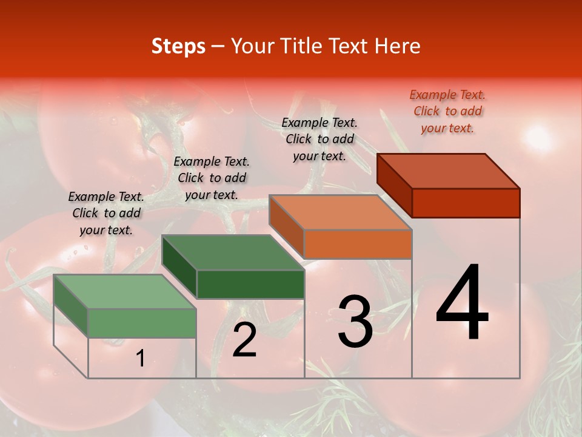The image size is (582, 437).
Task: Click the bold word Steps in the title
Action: coord(178,46)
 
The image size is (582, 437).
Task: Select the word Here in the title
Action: coord(397,46)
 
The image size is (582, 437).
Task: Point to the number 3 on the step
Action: coord(355,322)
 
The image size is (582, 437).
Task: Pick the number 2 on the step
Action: coord(244,340)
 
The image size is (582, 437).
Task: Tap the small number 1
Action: coord(140,359)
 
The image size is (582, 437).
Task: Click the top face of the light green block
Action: coord(124,291)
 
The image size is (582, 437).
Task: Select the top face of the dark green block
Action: coord(232,252)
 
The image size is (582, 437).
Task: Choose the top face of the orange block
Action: coord(339,212)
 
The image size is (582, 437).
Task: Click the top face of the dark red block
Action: coord(447,171)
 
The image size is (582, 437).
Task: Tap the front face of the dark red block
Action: coord(466,203)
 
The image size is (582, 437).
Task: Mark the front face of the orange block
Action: coord(358,244)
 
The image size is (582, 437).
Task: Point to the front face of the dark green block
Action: coord(250,284)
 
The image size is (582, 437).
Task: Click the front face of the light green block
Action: coord(142,323)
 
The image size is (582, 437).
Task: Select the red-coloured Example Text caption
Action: coord(447,111)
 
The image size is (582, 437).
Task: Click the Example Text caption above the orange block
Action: coord(319,139)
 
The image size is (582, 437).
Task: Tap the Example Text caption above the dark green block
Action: coord(212,178)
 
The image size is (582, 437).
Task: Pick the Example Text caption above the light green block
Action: coord(106,213)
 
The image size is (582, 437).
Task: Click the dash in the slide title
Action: coord(218,47)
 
